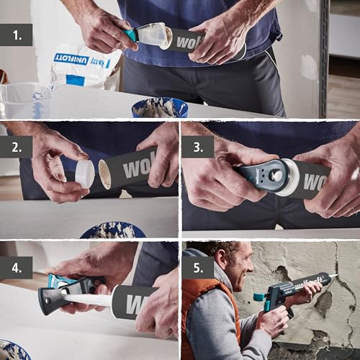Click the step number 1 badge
click(16, 35)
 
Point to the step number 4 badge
click(16, 266)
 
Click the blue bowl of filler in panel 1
click(159, 107)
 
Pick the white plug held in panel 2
click(84, 173)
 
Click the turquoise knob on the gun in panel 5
click(258, 297)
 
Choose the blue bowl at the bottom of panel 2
click(112, 230)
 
